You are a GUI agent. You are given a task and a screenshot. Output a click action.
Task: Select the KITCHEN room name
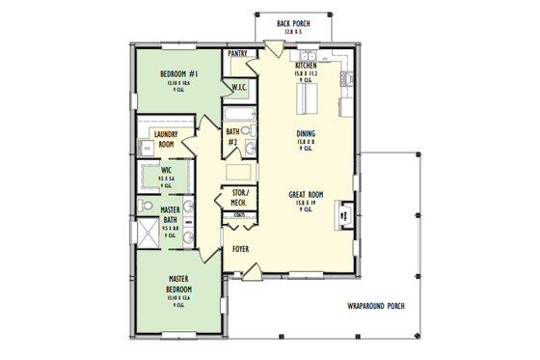305,65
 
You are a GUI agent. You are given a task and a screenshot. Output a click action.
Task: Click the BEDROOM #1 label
180,75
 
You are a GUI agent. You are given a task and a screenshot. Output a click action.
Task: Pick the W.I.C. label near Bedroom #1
240,88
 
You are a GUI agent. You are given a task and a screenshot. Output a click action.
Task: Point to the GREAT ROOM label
305,196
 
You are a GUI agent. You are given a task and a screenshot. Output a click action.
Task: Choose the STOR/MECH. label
238,197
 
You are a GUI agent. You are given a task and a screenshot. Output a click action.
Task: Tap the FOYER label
241,249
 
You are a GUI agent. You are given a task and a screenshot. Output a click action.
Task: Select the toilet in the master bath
145,206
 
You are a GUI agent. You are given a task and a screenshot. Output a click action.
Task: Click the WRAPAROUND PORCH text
376,306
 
